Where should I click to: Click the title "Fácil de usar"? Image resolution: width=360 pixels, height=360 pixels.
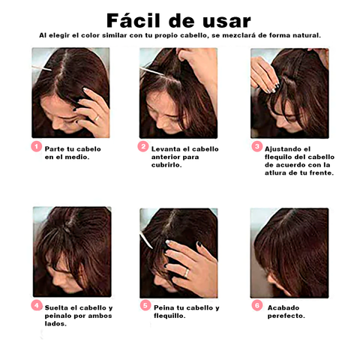pyautogui.click(x=178, y=19)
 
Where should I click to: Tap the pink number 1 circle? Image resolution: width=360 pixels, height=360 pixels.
pyautogui.click(x=36, y=146)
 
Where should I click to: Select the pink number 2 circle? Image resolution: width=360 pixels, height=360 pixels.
pyautogui.click(x=143, y=147)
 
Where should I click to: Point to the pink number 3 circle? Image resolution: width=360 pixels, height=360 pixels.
pyautogui.click(x=256, y=147)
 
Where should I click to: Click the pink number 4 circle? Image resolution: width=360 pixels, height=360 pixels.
pyautogui.click(x=36, y=305)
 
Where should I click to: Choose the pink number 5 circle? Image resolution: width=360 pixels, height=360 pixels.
pyautogui.click(x=145, y=305)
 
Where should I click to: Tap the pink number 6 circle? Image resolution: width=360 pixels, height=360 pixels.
pyautogui.click(x=256, y=305)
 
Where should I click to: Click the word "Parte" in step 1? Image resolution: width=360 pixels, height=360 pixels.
pyautogui.click(x=55, y=148)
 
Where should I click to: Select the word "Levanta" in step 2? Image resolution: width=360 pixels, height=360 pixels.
pyautogui.click(x=166, y=148)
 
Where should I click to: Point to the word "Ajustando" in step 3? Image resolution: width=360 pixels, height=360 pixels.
pyautogui.click(x=282, y=148)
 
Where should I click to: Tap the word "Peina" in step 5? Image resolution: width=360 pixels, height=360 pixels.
pyautogui.click(x=164, y=307)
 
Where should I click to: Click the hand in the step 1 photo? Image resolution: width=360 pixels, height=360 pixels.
pyautogui.click(x=91, y=112)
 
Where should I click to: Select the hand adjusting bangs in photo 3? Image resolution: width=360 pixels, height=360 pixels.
pyautogui.click(x=265, y=75)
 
